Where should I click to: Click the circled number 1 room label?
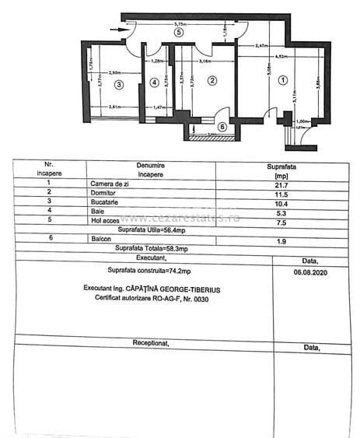pos(283,79)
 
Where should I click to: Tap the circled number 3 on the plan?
pos(118,83)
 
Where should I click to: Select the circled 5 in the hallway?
pos(180,33)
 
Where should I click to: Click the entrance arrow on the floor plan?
pos(117,30)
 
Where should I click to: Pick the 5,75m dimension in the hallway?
pos(180,24)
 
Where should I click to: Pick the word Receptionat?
pos(151,343)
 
